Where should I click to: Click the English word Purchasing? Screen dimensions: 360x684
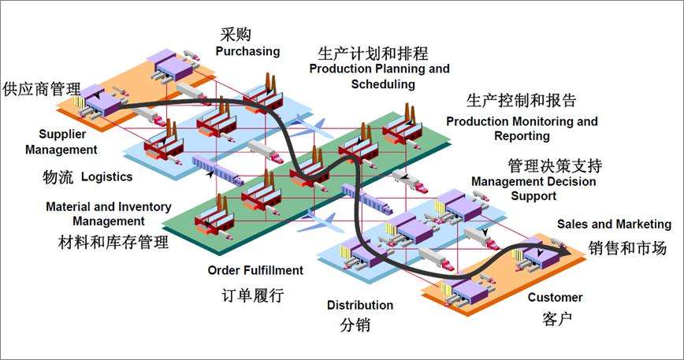pyautogui.click(x=247, y=51)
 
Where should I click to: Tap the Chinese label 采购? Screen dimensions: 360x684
pyautogui.click(x=237, y=34)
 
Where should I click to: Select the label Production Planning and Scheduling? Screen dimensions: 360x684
pyautogui.click(x=379, y=76)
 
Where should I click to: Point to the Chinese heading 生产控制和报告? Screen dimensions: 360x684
pyautogui.click(x=521, y=101)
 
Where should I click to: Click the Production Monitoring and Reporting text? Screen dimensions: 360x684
pyautogui.click(x=521, y=128)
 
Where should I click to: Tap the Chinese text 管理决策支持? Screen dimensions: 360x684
pyautogui.click(x=555, y=166)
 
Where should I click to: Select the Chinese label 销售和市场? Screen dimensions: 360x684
pyautogui.click(x=627, y=248)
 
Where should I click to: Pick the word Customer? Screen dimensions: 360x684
pyautogui.click(x=555, y=297)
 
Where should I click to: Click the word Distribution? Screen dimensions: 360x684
pyautogui.click(x=360, y=305)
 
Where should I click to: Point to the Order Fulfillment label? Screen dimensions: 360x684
pyautogui.click(x=255, y=270)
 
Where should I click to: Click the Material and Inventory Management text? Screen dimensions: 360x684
pyautogui.click(x=109, y=213)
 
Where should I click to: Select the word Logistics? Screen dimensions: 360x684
pyautogui.click(x=106, y=176)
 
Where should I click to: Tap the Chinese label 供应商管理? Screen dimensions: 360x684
pyautogui.click(x=42, y=87)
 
